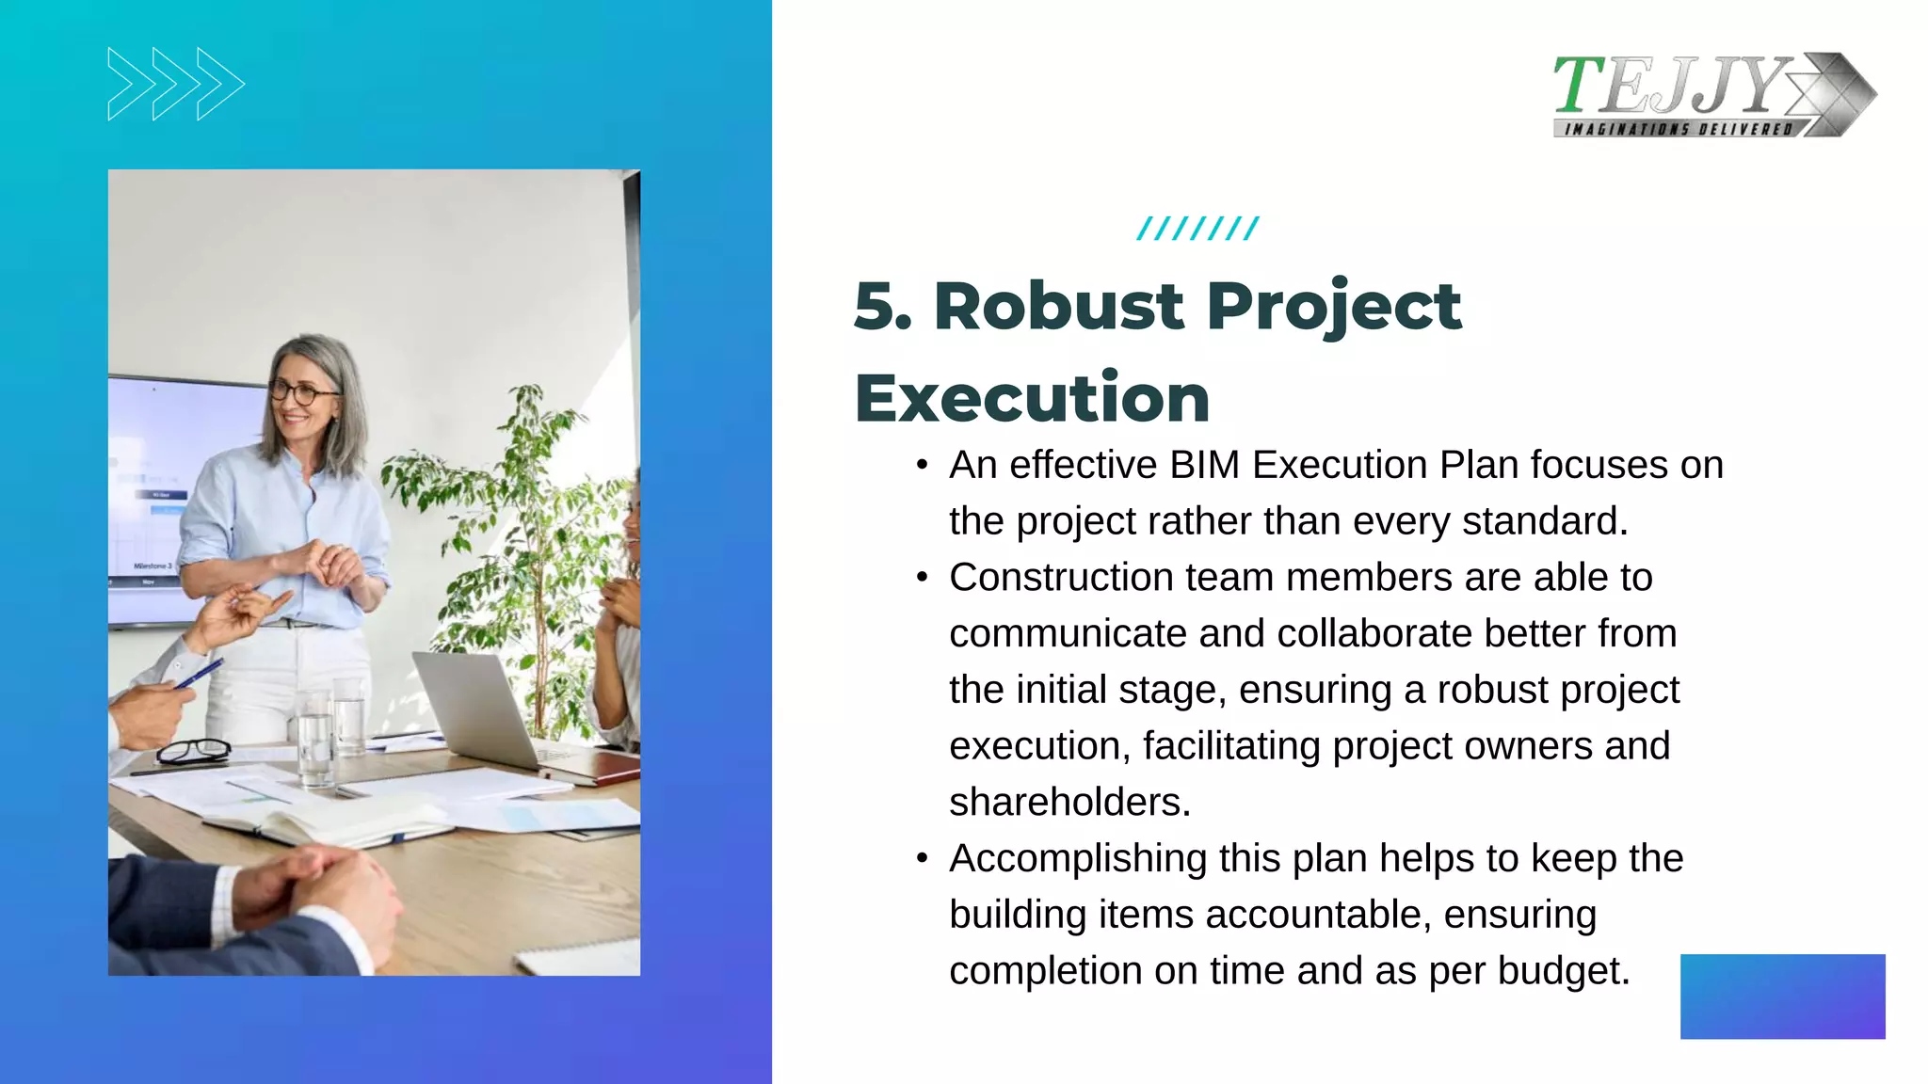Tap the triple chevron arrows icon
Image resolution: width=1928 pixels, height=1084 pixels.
176,84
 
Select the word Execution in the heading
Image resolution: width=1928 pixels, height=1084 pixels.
1032,398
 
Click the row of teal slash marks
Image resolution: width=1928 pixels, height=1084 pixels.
1197,229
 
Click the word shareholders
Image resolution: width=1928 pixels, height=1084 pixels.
1069,802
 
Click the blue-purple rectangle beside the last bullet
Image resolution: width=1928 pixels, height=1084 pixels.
1782,996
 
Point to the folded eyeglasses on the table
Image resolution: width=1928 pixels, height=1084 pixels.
193,751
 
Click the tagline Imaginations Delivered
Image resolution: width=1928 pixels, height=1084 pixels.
1678,129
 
